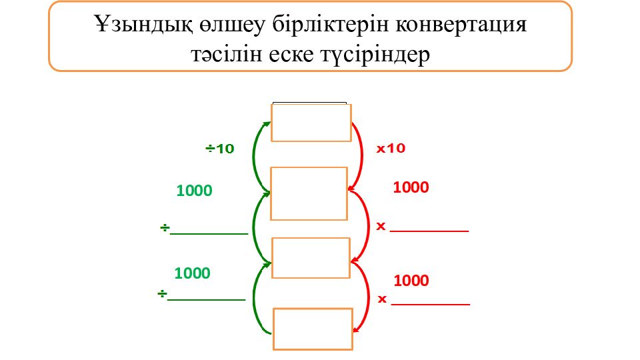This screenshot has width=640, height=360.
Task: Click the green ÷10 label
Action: [219, 149]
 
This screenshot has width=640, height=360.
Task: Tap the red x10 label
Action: [391, 148]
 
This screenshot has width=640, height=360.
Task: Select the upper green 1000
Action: [194, 191]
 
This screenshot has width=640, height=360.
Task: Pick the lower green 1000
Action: [192, 273]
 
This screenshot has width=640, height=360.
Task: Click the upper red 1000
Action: [411, 187]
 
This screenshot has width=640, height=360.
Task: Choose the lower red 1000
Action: [411, 281]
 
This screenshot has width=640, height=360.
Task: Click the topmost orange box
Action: [311, 123]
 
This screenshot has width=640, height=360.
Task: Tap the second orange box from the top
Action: [309, 193]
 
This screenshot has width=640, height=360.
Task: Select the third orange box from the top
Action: [311, 258]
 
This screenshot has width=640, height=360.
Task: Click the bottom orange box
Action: [313, 329]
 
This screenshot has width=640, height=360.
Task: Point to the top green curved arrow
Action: [255, 157]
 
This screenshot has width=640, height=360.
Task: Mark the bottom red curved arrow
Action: [368, 297]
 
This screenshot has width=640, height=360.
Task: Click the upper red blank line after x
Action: [429, 231]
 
